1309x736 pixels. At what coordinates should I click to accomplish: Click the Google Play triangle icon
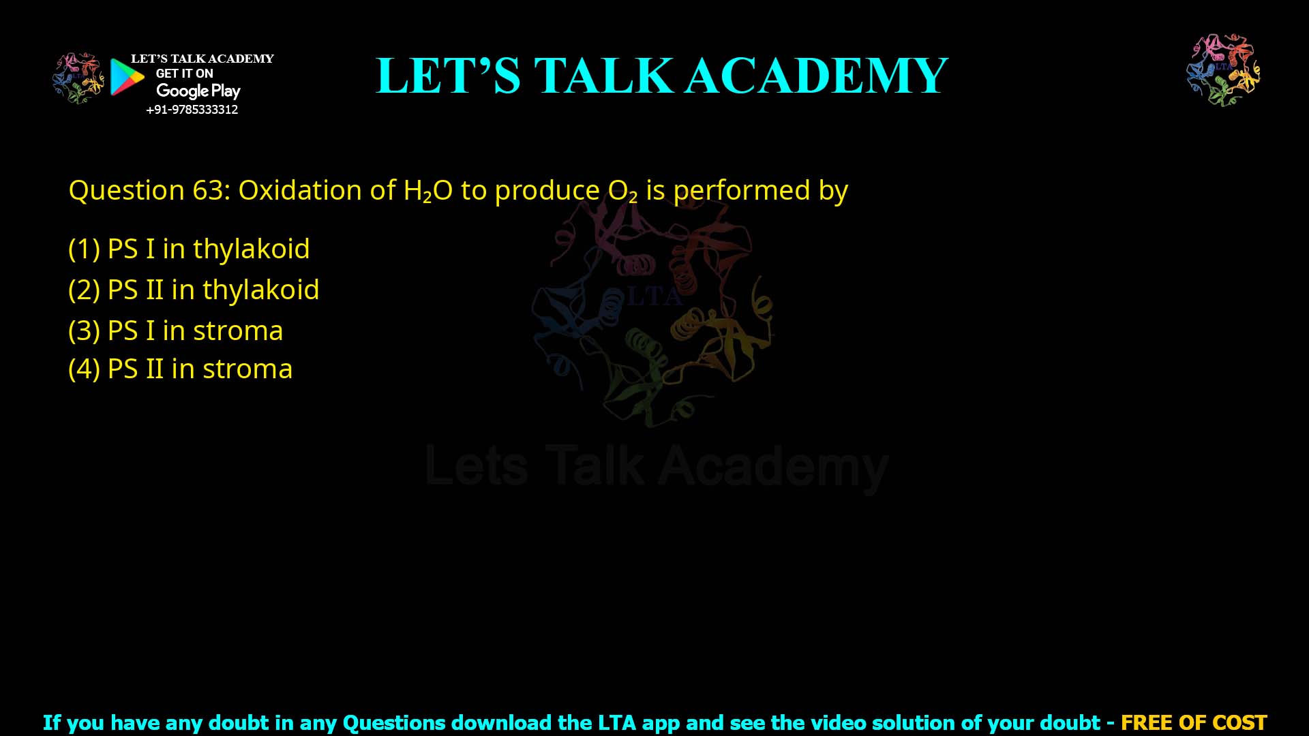pos(127,77)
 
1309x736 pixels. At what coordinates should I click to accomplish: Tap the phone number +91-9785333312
pos(192,110)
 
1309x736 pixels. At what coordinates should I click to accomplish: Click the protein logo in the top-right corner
pos(1223,70)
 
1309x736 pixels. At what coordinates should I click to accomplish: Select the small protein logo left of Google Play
pos(78,78)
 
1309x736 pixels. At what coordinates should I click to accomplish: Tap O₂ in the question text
pos(622,191)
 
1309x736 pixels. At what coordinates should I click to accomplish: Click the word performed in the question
pos(741,191)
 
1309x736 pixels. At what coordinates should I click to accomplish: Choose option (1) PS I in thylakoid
pos(189,249)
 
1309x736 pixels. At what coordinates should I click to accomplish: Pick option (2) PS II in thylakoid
pos(194,290)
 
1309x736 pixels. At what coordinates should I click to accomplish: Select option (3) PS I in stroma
pos(175,331)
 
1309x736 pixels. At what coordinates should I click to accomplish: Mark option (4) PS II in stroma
pos(180,369)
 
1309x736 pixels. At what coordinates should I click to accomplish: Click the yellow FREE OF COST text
pos(1193,722)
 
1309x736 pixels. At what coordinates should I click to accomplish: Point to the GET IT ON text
pos(184,74)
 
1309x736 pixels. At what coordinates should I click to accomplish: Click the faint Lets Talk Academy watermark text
pos(656,467)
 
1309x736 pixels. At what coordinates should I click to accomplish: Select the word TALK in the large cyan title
pos(603,76)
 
